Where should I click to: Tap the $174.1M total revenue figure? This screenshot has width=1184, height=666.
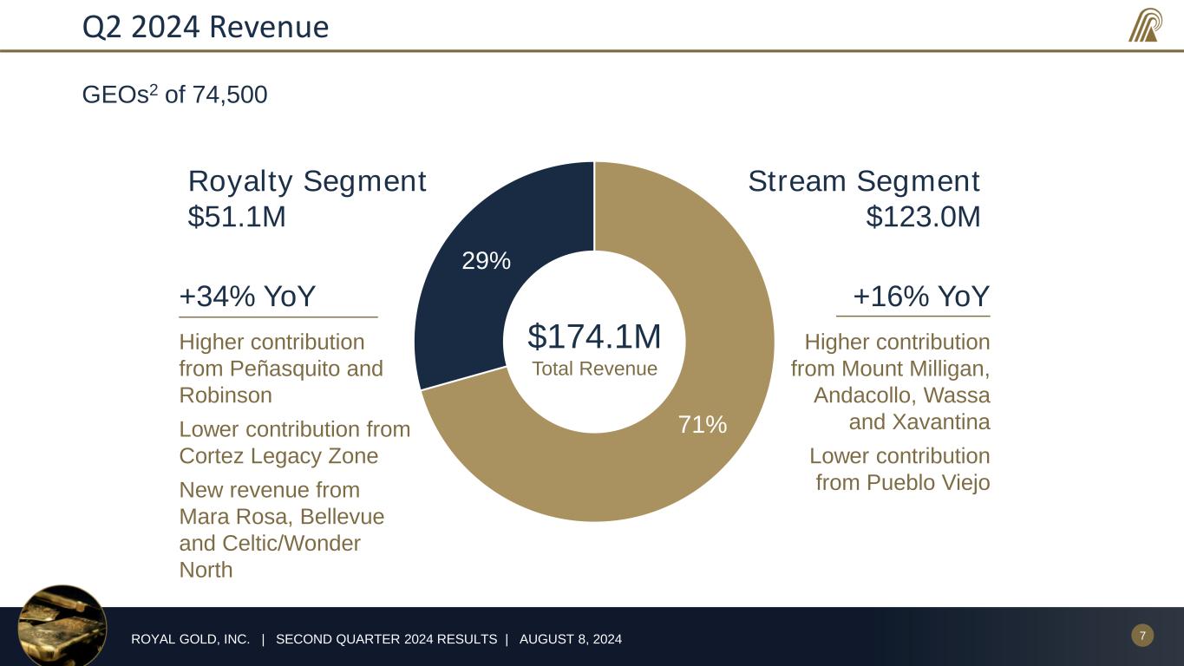point(594,336)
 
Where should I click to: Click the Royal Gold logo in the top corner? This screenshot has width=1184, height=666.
point(1145,25)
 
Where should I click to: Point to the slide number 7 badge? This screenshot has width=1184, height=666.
point(1142,637)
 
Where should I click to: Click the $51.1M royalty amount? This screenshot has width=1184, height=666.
point(237,217)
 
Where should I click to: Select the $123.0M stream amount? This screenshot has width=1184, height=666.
point(923,217)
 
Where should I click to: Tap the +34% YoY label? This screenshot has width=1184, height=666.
point(247,297)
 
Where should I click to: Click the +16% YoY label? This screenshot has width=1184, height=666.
point(920,297)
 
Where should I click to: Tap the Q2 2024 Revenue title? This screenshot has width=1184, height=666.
point(206,28)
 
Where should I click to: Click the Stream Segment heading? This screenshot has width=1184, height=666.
point(863,182)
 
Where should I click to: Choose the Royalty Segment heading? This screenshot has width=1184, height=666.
point(307,182)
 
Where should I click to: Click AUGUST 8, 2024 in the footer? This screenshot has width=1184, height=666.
point(570,640)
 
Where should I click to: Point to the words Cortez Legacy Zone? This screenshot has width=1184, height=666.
point(278,456)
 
